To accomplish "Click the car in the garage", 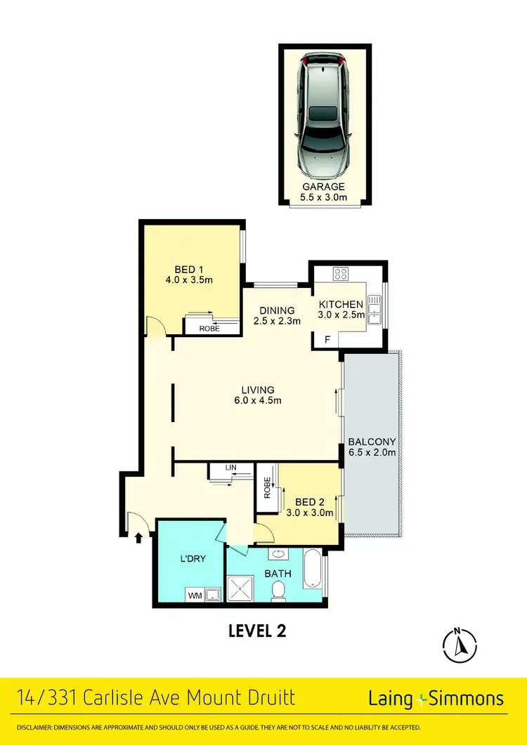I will pos(324,116).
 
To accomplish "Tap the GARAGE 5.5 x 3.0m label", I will pos(324,192).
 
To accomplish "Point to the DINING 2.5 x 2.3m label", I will pos(277,316).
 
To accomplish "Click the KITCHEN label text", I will pos(341,305).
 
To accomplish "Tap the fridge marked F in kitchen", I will pos(326,341).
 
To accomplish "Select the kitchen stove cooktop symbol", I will pos(342,274).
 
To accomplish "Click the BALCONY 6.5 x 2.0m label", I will pos(372,447).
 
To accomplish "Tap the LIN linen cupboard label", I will pos(230,467).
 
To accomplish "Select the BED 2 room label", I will pos(309,507).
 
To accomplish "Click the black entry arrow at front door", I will pos(138,538).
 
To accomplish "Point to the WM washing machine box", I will pos(194,595).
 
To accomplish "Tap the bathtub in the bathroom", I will pos(313,569).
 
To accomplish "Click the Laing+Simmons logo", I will pos(436,698).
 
